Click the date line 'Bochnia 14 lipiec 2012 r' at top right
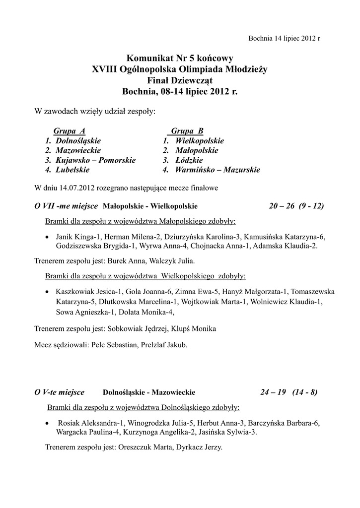point(284,39)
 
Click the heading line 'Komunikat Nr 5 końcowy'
point(180,59)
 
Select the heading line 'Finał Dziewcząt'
point(180,80)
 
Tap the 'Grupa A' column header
point(70,130)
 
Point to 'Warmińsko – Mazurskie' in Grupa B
point(217,170)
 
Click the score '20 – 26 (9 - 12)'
point(296,205)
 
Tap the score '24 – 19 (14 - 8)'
point(289,392)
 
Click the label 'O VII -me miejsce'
point(67,205)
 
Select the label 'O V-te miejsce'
point(59,392)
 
